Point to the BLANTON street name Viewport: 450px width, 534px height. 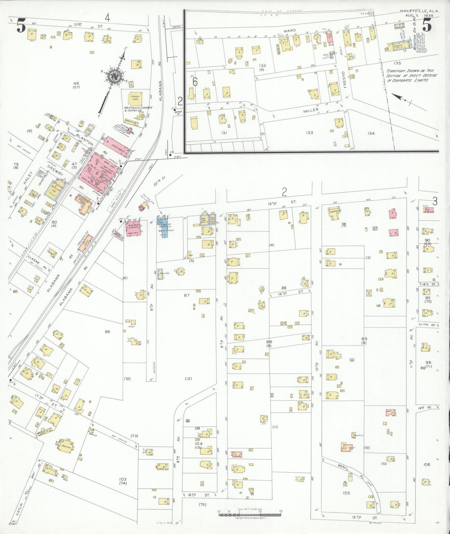[x=84, y=141]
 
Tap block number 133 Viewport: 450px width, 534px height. [x=309, y=133]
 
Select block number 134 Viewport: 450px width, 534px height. [x=371, y=133]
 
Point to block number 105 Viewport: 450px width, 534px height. [x=346, y=493]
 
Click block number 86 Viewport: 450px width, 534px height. [x=107, y=332]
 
